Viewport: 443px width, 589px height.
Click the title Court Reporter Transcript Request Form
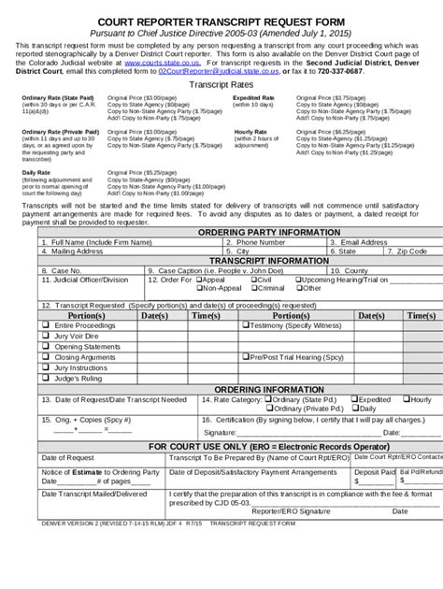(221, 16)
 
